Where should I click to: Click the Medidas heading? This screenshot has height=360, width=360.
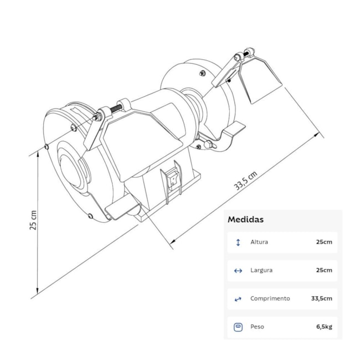point(245,219)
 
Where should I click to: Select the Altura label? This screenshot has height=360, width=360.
point(259,242)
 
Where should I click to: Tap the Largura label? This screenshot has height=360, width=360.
point(261,270)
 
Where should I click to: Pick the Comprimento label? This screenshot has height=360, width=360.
point(270,299)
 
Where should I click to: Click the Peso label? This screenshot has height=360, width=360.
point(257,327)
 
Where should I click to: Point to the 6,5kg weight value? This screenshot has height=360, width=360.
point(324,327)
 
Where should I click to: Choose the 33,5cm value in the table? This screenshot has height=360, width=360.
point(321,299)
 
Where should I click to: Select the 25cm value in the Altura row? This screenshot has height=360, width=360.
point(324,242)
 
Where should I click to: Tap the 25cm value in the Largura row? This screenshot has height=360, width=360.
point(324,270)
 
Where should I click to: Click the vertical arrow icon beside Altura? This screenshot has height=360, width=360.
point(238,242)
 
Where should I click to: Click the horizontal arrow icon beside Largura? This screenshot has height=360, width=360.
point(238,270)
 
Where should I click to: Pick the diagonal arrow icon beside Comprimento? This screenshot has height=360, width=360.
point(238,299)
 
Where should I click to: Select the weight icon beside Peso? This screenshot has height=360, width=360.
point(238,327)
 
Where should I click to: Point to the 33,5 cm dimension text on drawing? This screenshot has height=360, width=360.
point(245,181)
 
